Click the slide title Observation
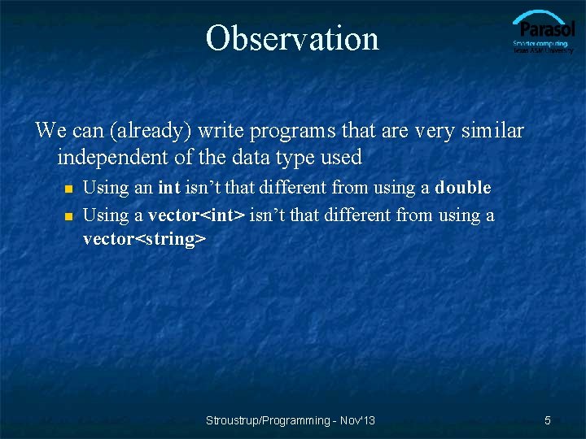(292, 38)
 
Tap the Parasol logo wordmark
(543, 28)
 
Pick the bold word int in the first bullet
(168, 188)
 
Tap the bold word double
(463, 188)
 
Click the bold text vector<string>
(144, 240)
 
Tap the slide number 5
(548, 420)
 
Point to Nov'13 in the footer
(357, 420)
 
